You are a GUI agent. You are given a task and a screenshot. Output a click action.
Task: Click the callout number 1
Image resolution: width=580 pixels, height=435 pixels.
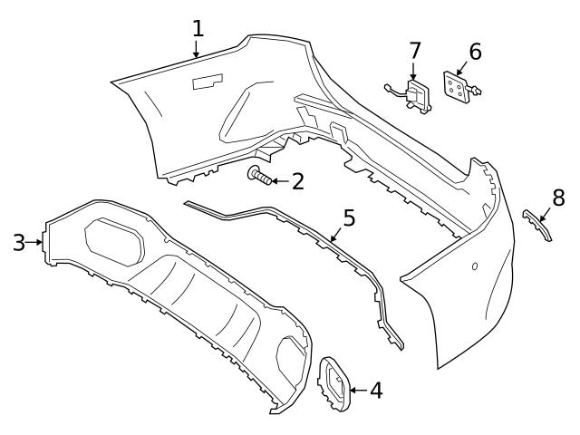(198, 28)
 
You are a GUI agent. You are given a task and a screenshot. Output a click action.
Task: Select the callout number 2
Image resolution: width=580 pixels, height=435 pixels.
(296, 181)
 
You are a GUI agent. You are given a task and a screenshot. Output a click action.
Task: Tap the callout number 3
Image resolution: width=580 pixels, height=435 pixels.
(19, 242)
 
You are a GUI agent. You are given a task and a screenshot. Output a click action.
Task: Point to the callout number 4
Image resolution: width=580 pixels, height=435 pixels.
(375, 391)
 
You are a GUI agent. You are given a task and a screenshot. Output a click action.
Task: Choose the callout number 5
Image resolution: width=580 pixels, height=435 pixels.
(349, 218)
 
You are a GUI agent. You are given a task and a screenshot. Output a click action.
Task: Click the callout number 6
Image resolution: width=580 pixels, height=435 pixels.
(474, 53)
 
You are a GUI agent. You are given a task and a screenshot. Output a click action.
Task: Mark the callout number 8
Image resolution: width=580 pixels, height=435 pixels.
(558, 197)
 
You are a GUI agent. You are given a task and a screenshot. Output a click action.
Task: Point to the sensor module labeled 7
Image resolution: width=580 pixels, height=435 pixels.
(416, 95)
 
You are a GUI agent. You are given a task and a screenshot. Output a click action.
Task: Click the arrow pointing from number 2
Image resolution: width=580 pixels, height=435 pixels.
(280, 181)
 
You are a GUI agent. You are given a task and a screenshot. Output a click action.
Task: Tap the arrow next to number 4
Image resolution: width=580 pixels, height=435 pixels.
(357, 391)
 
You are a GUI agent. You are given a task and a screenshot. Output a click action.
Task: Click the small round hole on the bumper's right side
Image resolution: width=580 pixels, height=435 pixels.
(474, 266)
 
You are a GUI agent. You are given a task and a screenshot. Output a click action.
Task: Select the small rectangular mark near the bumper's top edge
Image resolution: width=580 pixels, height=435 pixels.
(208, 82)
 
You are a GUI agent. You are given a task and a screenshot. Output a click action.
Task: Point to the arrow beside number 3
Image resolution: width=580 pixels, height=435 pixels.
(37, 242)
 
